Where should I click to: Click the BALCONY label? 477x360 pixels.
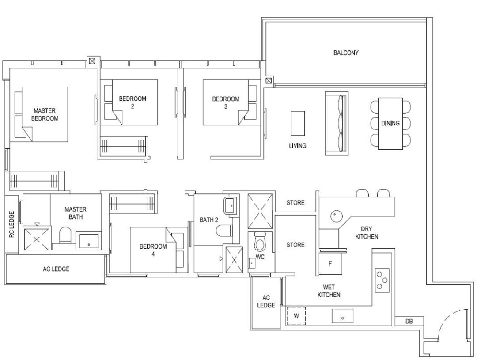tap(346, 53)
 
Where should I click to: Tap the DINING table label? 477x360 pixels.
tap(390, 123)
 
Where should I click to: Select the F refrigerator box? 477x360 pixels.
tap(330, 264)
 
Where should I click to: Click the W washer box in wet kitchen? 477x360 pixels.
tap(296, 316)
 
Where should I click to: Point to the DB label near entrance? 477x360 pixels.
tap(409, 321)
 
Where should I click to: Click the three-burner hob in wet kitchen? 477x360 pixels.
tap(382, 280)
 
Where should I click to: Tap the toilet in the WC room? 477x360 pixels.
tap(260, 242)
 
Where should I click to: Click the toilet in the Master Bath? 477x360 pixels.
tap(64, 235)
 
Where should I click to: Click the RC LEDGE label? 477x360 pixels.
tap(11, 224)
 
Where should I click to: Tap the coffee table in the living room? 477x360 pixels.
tap(298, 123)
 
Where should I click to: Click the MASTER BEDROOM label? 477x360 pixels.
tap(45, 114)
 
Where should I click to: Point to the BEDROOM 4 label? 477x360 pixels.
tap(153, 250)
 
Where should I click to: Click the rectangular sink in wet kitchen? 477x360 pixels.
tap(343, 316)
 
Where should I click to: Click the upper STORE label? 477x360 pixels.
tap(295, 203)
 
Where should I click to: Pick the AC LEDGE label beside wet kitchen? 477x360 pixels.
tap(266, 301)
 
